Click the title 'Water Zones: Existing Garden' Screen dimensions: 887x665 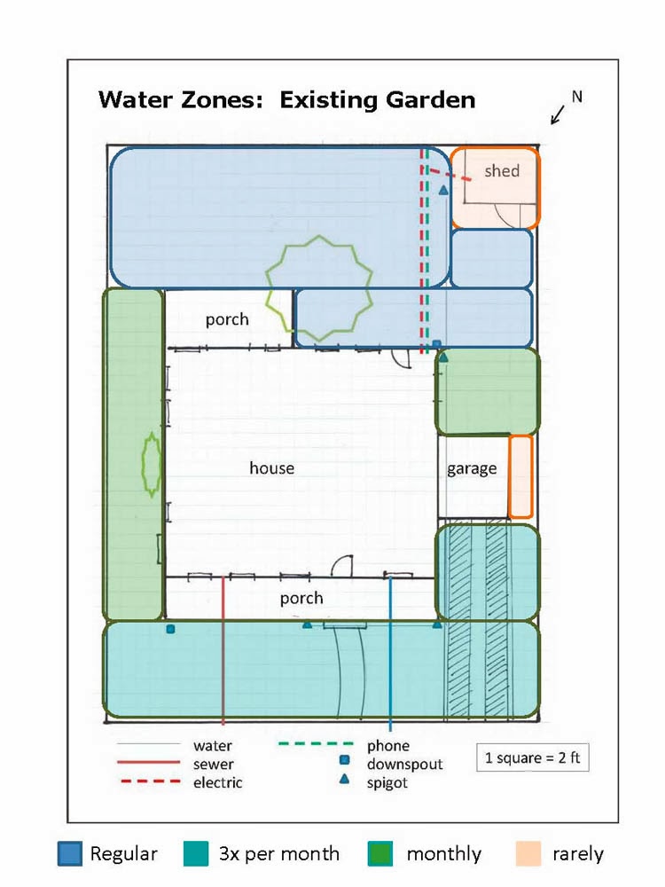[x=286, y=99]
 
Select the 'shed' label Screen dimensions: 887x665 [x=501, y=170]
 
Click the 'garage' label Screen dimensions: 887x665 [x=471, y=468]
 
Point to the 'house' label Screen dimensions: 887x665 [x=271, y=467]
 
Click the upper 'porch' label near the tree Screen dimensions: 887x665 [x=227, y=319]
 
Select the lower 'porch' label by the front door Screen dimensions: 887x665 [x=301, y=598]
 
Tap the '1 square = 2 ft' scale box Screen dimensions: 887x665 [x=532, y=758]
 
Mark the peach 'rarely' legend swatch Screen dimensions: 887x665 [x=528, y=854]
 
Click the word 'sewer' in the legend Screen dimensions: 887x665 [x=214, y=764]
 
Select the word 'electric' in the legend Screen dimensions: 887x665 [x=218, y=782]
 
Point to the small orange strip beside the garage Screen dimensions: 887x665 [x=520, y=476]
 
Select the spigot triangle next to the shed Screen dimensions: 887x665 [x=443, y=191]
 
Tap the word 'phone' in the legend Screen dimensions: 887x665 [x=388, y=746]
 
